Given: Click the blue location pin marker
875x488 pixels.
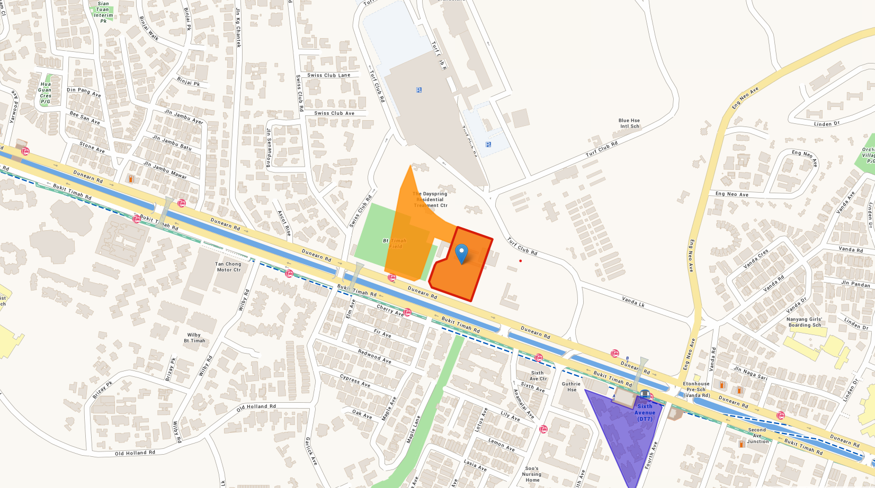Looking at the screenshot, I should (x=462, y=253).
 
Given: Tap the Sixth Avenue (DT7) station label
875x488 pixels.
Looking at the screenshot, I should (x=645, y=413).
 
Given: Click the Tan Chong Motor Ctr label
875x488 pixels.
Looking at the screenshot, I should (x=228, y=267).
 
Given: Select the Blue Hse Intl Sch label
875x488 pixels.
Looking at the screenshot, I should (x=629, y=123).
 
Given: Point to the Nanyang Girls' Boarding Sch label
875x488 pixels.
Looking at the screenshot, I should (x=805, y=322).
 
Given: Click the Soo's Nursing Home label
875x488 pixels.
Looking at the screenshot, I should (x=532, y=474).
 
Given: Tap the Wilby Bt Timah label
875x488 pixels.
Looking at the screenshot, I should (x=194, y=338).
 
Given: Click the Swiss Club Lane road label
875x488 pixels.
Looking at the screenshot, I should (x=328, y=75).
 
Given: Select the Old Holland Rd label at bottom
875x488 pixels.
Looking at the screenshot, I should (x=135, y=453).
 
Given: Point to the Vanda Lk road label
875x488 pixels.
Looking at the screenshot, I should (x=633, y=302).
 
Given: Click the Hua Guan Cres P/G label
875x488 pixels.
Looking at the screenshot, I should (x=46, y=93).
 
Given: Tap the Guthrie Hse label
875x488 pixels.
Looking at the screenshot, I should (x=572, y=387).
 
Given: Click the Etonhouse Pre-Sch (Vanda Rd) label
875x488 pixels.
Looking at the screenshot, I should (x=697, y=390).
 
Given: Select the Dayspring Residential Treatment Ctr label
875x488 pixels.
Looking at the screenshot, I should (x=430, y=200).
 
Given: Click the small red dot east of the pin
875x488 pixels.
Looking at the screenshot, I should (x=521, y=260).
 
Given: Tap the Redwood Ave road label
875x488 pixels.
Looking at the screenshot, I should (x=374, y=356).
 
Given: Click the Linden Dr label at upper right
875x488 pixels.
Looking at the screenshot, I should (x=826, y=124).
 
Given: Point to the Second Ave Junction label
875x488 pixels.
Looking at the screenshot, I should (x=757, y=436).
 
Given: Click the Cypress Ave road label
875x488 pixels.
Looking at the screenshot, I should (x=355, y=381).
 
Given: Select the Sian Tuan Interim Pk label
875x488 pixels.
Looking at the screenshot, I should (x=103, y=12).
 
